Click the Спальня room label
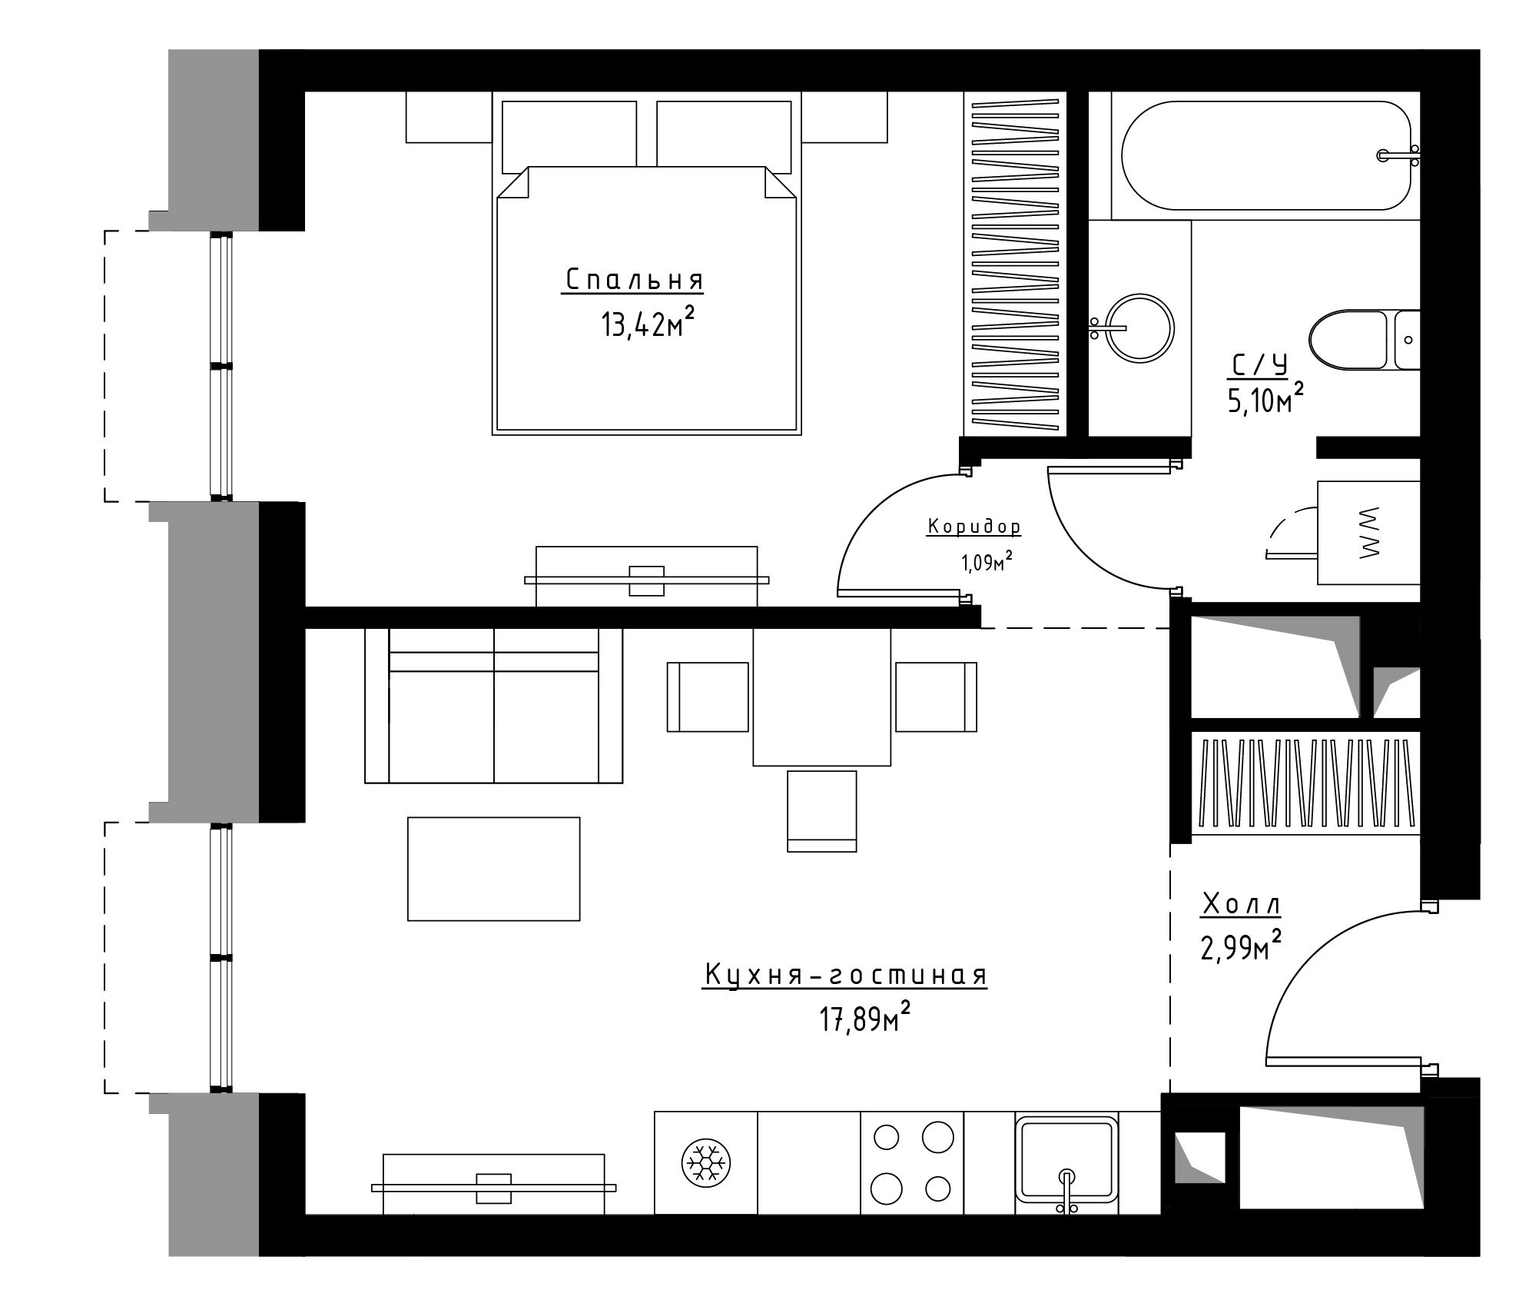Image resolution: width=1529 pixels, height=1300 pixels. coord(635,280)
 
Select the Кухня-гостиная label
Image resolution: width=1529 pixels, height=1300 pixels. coord(845,975)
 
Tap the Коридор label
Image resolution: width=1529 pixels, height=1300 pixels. coord(974,527)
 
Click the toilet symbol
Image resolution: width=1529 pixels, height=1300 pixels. coord(1365,340)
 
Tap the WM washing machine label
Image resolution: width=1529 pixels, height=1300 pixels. coord(1369,532)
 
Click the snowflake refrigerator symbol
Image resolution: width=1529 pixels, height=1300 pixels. coord(706,1163)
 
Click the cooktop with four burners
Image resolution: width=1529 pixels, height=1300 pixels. coord(912,1162)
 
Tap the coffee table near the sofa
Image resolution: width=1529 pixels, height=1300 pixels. coord(493,869)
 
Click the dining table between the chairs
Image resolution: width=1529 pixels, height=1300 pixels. coord(821,697)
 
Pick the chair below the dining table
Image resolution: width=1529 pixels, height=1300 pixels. coord(822,811)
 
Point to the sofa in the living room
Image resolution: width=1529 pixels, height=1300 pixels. coord(493,706)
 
